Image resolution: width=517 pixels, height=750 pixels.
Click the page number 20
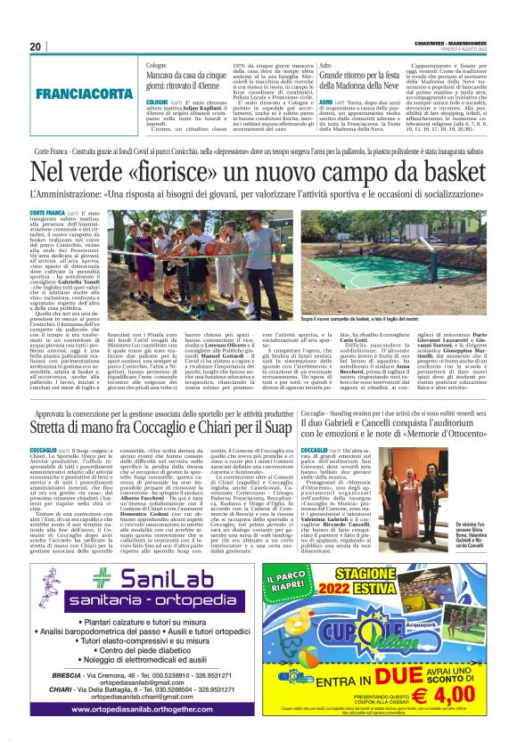tap(37, 47)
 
